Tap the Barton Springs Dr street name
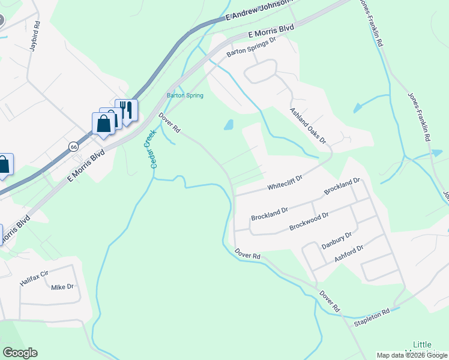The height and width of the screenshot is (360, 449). coord(250,47)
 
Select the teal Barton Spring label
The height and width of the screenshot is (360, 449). coord(185,95)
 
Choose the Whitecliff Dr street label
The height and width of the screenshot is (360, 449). coord(285,182)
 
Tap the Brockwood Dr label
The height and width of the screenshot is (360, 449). coord(309,221)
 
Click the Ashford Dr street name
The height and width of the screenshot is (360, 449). coord(349,254)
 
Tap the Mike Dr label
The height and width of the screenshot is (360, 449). coord(62,287)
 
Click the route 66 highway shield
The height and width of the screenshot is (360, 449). coord(73,146)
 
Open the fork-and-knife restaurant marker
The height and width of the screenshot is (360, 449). coord(126,110)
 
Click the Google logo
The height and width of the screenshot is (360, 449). coord(20,353)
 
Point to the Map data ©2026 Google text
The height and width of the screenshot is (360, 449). coord(412,355)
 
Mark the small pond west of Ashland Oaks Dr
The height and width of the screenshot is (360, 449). coord(228,125)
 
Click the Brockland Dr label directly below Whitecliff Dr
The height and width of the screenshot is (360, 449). coord(270,213)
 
